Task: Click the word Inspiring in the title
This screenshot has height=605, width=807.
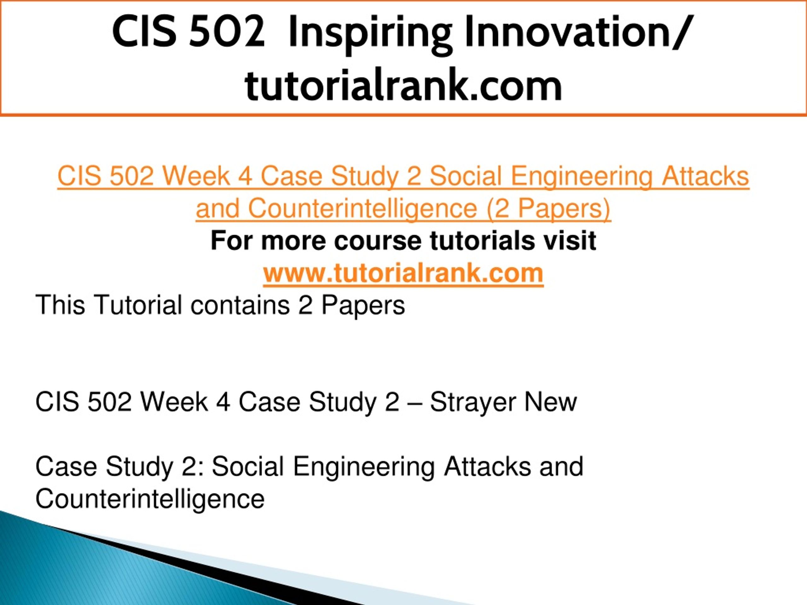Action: (x=370, y=33)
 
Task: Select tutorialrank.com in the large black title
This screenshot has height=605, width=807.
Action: (x=403, y=86)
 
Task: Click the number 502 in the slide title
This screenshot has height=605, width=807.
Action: (x=227, y=32)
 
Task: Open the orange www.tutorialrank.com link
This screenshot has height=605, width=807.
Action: (x=403, y=273)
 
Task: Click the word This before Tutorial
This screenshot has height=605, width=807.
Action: (x=60, y=305)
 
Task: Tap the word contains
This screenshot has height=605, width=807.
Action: (x=240, y=305)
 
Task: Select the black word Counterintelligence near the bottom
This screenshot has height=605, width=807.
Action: (x=150, y=498)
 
